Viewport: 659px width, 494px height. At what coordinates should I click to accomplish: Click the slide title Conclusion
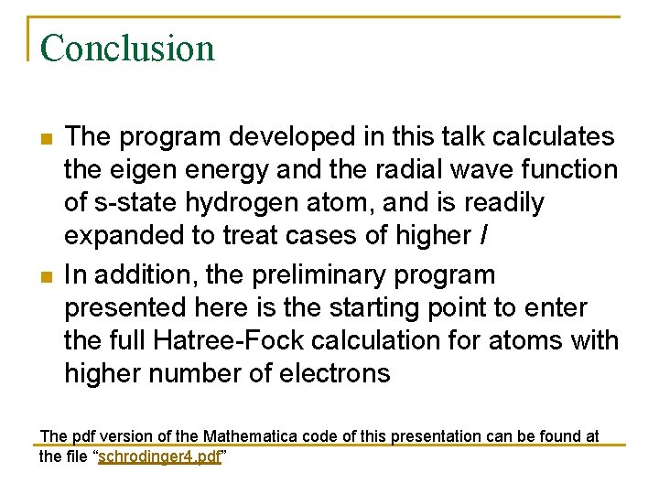[x=127, y=48]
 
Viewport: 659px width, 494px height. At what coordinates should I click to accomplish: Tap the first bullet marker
[x=46, y=137]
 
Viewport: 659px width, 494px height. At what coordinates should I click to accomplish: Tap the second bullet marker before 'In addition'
[x=46, y=275]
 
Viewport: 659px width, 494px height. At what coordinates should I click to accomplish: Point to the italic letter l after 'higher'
[x=483, y=235]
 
